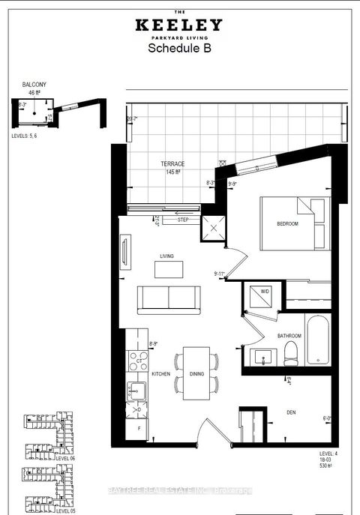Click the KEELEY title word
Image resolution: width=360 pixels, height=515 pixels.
[179, 24]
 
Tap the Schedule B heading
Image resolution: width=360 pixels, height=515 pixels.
[179, 47]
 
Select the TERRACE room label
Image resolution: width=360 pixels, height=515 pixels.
[172, 163]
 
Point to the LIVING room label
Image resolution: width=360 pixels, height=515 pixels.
[166, 256]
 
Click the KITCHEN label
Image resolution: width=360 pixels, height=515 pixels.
[160, 373]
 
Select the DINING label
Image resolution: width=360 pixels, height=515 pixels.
[197, 373]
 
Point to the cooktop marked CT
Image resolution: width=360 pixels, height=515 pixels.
[137, 362]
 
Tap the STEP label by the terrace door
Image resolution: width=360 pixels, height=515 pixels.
[182, 220]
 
